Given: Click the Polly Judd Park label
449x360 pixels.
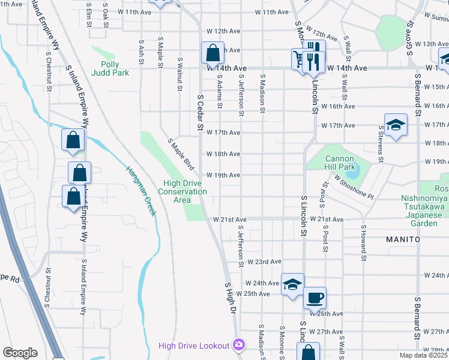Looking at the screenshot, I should pyautogui.click(x=110, y=68).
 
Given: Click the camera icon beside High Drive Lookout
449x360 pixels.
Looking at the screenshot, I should pyautogui.click(x=239, y=345).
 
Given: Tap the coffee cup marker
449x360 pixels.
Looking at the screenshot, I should pyautogui.click(x=315, y=298).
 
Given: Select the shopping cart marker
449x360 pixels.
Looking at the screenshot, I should pyautogui.click(x=298, y=59).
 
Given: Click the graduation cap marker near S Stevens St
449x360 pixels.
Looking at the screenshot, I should pyautogui.click(x=396, y=125).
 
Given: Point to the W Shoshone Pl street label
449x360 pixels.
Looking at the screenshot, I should pyautogui.click(x=354, y=188).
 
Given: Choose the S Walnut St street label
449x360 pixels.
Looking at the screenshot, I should pyautogui.click(x=179, y=74).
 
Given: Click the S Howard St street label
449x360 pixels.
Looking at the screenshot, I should pyautogui.click(x=364, y=243).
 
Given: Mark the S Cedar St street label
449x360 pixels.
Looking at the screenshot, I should pyautogui.click(x=199, y=111).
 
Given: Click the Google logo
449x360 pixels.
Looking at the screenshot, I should pyautogui.click(x=20, y=353).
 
